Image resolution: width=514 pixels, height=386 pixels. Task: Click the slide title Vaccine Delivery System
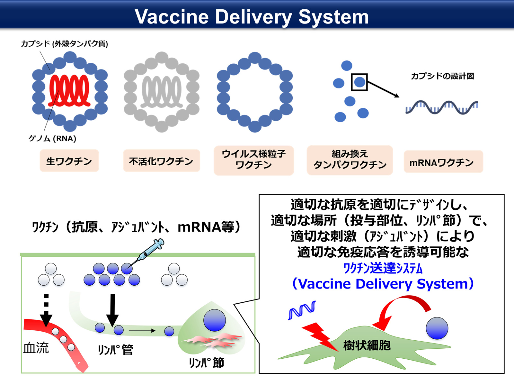[252, 17]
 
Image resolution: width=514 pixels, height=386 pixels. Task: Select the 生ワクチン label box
[69, 161]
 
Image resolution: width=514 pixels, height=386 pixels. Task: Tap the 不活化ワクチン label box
[161, 161]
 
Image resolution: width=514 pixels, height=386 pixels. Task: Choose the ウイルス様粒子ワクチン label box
[253, 160]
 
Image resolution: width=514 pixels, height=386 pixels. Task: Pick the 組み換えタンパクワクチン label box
[350, 160]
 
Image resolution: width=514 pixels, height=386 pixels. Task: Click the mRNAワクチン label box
[443, 162]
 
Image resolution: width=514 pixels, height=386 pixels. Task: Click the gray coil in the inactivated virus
[162, 92]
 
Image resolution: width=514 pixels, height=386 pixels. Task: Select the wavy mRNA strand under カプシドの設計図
[442, 107]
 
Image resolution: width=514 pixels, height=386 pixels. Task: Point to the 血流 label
[36, 348]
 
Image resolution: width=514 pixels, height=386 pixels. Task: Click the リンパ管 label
[115, 350]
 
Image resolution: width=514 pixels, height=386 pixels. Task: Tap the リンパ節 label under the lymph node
[207, 363]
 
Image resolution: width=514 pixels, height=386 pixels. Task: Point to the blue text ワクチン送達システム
[383, 268]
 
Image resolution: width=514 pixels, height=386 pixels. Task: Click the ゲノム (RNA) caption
[52, 139]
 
